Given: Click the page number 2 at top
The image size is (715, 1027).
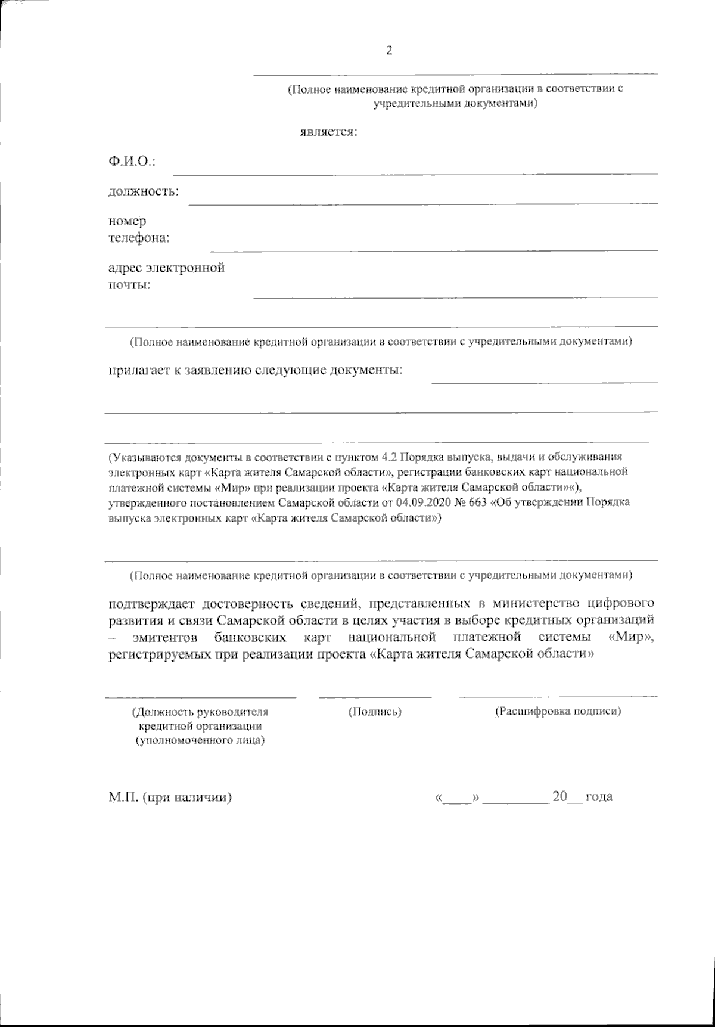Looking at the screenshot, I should pos(389,51).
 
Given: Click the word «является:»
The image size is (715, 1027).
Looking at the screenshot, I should pos(328,132).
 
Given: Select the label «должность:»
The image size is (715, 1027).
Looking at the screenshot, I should pos(144,191).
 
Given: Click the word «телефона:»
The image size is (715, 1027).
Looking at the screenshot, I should pos(138,238).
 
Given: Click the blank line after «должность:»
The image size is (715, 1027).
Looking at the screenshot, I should pos(423,203).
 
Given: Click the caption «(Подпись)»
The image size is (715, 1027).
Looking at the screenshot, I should pos(374,711).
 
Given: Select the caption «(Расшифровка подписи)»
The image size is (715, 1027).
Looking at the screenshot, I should pos(558,711).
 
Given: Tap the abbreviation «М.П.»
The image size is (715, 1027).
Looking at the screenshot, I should pos(123,797).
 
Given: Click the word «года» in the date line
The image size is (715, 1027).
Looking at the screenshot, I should pos(599,797).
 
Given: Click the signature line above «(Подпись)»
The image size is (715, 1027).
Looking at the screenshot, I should pos(375,696).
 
